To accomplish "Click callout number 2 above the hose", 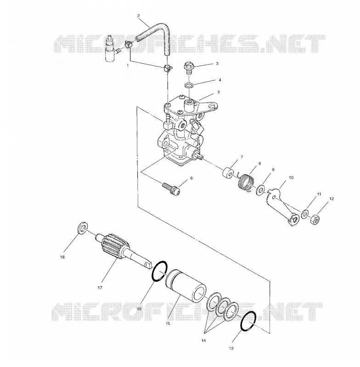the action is point(138,16).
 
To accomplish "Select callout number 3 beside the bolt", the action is point(217,63).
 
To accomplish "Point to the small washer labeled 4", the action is point(189,85).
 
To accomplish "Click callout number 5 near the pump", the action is point(219,92).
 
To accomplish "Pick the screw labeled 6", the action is point(171,189).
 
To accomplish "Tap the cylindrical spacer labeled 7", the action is point(228,172).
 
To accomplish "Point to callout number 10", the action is point(291,178).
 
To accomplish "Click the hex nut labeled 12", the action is point(314,220).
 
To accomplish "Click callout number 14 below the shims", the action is point(203,340).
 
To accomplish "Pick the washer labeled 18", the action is point(83,227).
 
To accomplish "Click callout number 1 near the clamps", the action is point(128,66).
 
